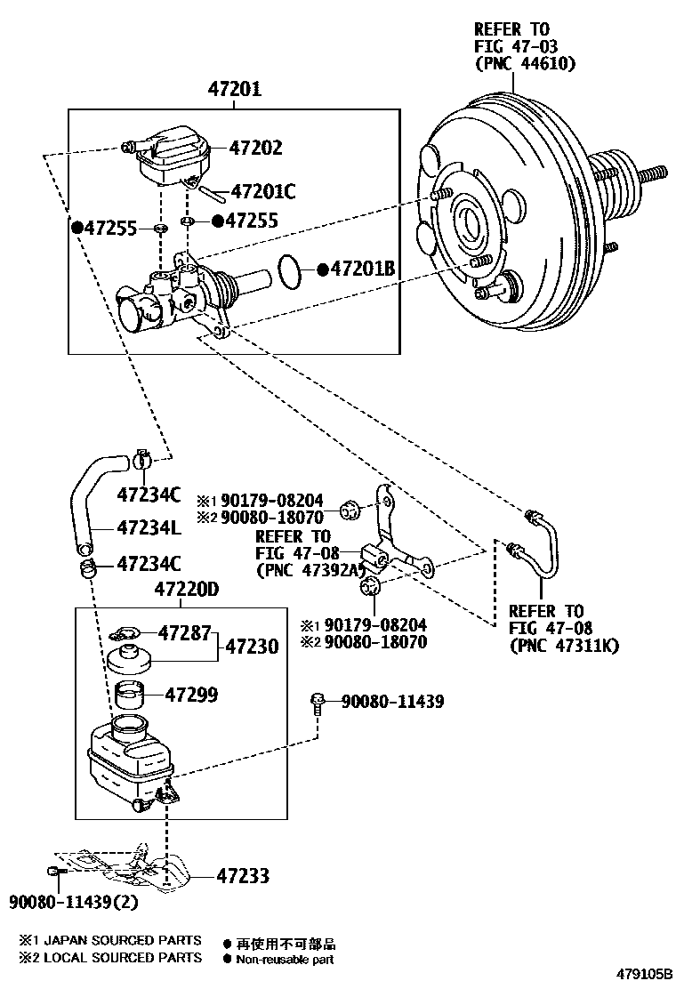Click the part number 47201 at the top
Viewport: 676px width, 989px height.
tap(235, 90)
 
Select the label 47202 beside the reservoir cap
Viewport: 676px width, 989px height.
tap(255, 148)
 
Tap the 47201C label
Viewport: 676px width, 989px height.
tap(262, 190)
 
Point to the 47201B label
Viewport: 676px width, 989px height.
tap(361, 268)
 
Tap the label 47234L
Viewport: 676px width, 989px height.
tap(149, 528)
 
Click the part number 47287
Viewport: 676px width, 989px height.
tap(184, 633)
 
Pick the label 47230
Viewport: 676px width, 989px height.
tap(252, 647)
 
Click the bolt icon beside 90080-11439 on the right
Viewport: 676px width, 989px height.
tap(318, 703)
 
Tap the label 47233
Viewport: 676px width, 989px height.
tap(242, 876)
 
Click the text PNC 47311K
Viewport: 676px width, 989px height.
tap(564, 646)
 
